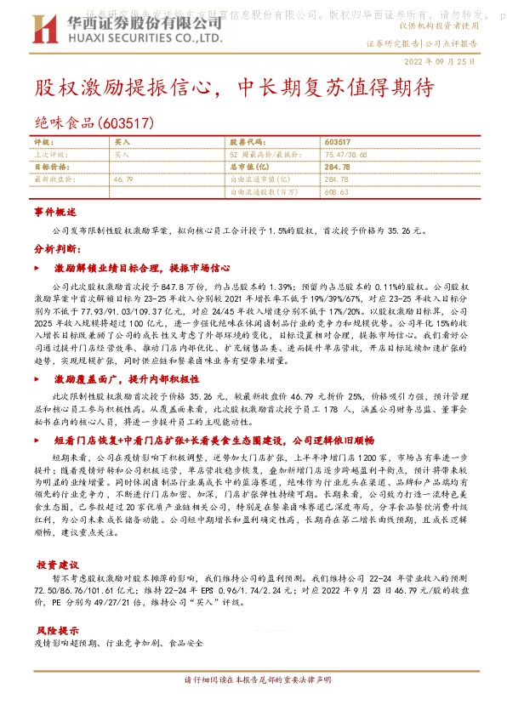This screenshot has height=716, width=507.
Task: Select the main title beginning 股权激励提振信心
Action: tap(235, 88)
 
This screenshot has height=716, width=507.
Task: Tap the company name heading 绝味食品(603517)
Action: tap(94, 122)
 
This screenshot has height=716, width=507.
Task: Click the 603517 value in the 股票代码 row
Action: tap(338, 141)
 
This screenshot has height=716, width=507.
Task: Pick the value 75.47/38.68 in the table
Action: tap(348, 155)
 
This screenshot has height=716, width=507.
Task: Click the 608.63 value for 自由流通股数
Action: tap(337, 193)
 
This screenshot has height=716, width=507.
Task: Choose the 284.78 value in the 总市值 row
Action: tap(338, 168)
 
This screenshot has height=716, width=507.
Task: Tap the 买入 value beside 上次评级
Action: tap(121, 155)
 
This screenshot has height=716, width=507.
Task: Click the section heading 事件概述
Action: tap(55, 211)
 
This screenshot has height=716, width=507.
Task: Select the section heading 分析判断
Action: tap(55, 249)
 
